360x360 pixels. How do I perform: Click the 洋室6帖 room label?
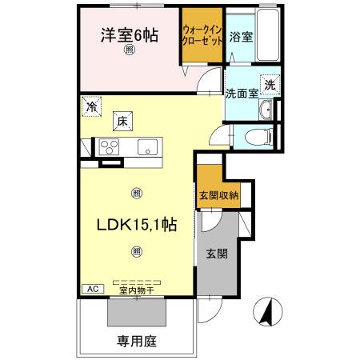pyautogui.click(x=128, y=35)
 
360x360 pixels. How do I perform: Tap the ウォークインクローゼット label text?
pyautogui.click(x=202, y=34)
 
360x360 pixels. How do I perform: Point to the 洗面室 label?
pyautogui.click(x=241, y=93)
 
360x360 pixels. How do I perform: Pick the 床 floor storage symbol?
pyautogui.click(x=122, y=121)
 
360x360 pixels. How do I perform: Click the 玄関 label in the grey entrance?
pyautogui.click(x=216, y=254)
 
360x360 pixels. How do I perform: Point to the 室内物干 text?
pyautogui.click(x=136, y=291)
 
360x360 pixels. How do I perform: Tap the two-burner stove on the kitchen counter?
pyautogui.click(x=109, y=146)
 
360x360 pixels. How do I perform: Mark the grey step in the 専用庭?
pyautogui.click(x=136, y=313)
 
